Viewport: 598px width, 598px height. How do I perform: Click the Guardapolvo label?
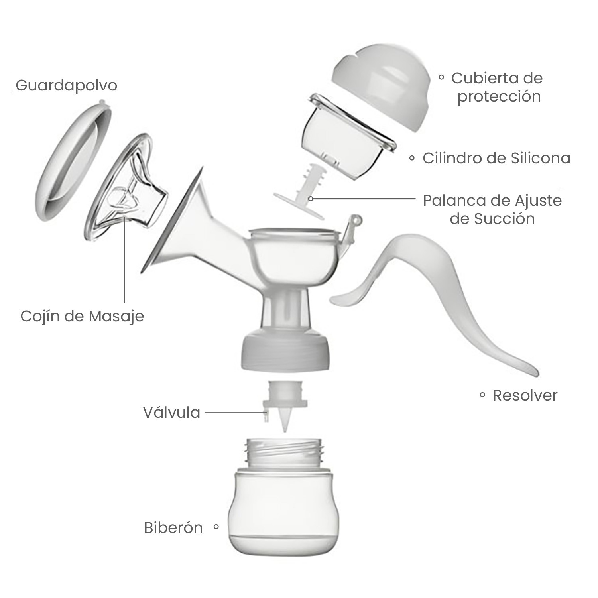click(x=67, y=86)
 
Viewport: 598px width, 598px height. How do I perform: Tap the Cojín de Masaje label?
click(x=82, y=316)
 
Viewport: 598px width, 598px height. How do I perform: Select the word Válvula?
click(x=172, y=413)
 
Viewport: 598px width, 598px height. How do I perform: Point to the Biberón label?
click(x=173, y=528)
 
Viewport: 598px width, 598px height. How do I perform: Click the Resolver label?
click(x=525, y=395)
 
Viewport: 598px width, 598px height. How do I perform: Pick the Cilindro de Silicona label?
click(x=496, y=158)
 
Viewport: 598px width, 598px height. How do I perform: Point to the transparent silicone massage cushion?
click(x=128, y=191)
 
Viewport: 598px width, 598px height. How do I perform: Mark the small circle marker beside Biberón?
click(x=216, y=527)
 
